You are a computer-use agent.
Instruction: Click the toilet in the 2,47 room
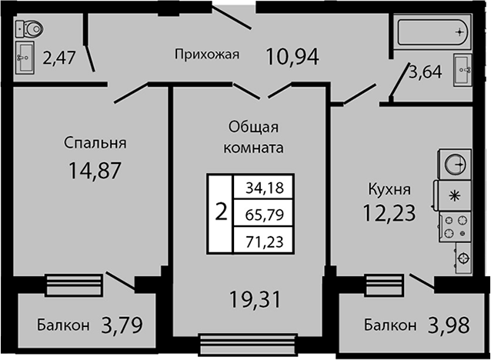tap(29, 28)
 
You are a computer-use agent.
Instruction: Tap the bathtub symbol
tap(434, 32)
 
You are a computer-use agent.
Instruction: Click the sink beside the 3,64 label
tap(463, 70)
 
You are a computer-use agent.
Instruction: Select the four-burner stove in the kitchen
tap(456, 227)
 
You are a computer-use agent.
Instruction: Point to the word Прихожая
tap(207, 55)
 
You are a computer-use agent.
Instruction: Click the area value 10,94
tap(292, 56)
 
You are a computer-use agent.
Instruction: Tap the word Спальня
tap(95, 143)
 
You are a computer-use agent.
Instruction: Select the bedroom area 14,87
tap(95, 171)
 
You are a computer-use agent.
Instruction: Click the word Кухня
tap(389, 190)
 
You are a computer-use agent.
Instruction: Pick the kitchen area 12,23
tap(389, 212)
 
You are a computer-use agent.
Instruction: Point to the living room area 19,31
tap(255, 299)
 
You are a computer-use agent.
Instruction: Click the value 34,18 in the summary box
tap(265, 188)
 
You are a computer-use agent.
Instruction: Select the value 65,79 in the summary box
tap(265, 215)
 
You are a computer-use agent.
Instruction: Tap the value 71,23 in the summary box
tap(265, 242)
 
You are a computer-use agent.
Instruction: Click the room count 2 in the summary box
tap(221, 212)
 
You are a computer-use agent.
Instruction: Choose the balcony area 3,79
tap(122, 325)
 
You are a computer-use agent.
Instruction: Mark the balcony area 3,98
tap(449, 325)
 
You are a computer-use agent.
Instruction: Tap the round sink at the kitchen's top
tap(456, 165)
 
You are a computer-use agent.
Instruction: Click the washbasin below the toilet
tap(25, 58)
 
